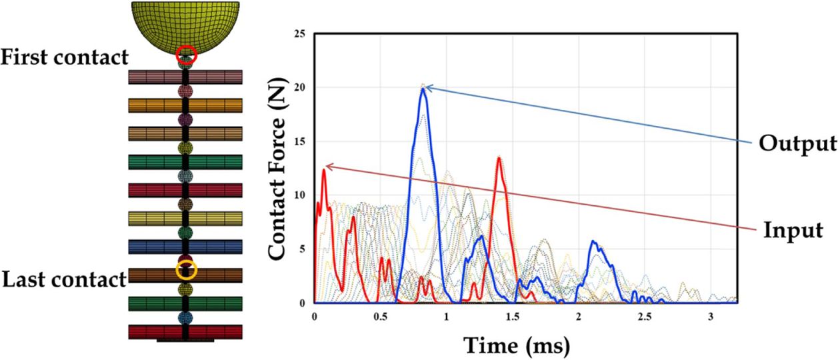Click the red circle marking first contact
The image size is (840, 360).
coord(186,55)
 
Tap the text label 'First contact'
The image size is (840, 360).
coord(65,57)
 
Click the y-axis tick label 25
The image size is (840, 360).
coord(301,33)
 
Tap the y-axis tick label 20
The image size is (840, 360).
coord(301,87)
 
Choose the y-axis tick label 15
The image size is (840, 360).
coord(301,141)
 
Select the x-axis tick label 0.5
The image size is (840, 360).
coord(381,315)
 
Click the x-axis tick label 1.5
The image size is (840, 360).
coord(513,315)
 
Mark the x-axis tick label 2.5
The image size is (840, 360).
coord(645,315)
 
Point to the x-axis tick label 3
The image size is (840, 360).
coord(711,315)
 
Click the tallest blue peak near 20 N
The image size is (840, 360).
coord(423,89)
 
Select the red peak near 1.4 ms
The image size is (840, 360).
coord(499,159)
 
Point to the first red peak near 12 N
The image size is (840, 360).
coord(324,170)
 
